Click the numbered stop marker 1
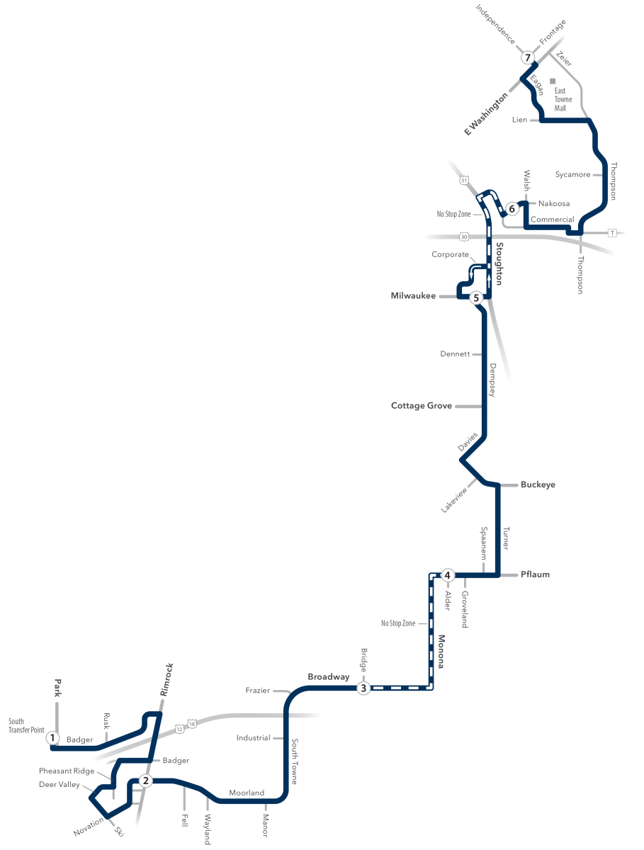click(52, 737)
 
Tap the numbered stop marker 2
click(146, 781)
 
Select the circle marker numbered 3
click(363, 688)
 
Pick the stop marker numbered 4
click(447, 575)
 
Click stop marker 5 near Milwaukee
click(476, 297)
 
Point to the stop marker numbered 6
click(512, 209)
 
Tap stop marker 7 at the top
click(527, 57)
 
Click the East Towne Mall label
click(563, 100)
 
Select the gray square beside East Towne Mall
click(553, 81)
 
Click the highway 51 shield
click(464, 180)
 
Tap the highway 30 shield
click(464, 237)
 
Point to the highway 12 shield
click(179, 729)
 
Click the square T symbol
click(612, 233)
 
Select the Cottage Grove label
click(422, 405)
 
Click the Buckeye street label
click(538, 484)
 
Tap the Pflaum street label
click(535, 574)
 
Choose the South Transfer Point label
click(26, 725)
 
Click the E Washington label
click(485, 114)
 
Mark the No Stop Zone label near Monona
click(398, 623)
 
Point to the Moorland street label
click(247, 793)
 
